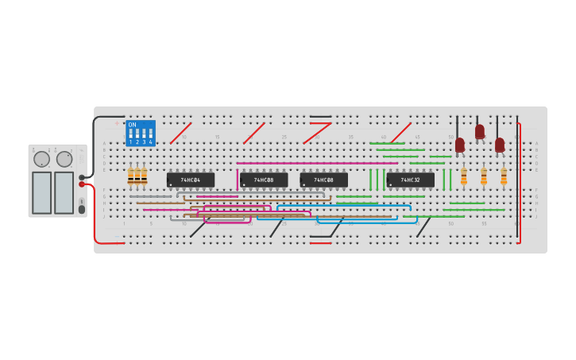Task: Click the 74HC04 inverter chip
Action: [191, 180]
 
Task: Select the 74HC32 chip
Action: [410, 180]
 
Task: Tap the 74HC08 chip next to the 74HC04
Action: [264, 180]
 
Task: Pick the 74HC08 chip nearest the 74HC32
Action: [323, 180]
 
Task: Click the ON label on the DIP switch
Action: [132, 125]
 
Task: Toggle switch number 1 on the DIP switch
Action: [131, 134]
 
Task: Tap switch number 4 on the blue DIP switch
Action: [150, 134]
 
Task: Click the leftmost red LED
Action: [460, 145]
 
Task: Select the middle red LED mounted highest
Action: [480, 131]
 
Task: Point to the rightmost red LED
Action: [500, 145]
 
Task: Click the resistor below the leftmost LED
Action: [464, 176]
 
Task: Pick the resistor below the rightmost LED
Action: [504, 176]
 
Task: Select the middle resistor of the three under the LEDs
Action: [484, 176]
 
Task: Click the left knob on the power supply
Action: [41, 159]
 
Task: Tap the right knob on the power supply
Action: [64, 159]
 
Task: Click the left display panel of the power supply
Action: [41, 192]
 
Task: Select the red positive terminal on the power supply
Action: [82, 184]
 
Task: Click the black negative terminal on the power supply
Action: [82, 177]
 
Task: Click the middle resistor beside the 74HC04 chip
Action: [137, 176]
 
